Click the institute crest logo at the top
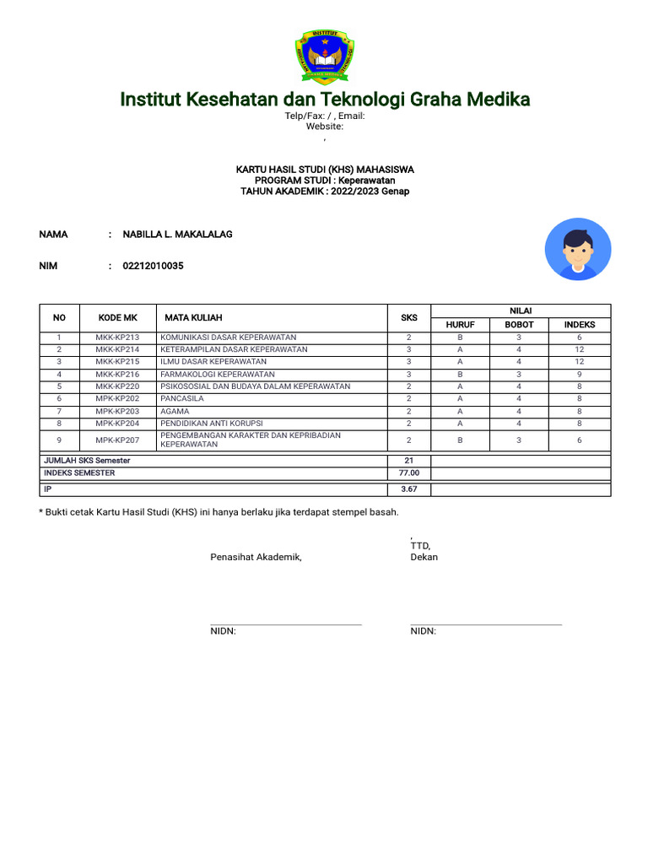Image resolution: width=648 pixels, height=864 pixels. [325, 57]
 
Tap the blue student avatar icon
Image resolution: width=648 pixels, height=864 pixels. [578, 249]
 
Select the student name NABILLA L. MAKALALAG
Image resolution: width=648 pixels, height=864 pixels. [177, 235]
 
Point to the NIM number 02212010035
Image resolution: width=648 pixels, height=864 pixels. [153, 266]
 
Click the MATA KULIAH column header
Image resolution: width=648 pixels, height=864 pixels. [193, 318]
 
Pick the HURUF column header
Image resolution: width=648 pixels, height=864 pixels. [460, 325]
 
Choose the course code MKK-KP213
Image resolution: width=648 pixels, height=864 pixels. [117, 337]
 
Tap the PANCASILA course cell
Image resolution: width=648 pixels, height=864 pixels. [180, 398]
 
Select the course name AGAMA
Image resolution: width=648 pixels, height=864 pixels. [175, 411]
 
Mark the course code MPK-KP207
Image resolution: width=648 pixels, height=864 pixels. [117, 440]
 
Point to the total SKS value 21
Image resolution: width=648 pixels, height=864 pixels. [409, 461]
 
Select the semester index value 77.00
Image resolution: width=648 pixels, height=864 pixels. [409, 473]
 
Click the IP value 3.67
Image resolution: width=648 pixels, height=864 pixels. [409, 489]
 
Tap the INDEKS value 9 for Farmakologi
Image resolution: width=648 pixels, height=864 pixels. [580, 374]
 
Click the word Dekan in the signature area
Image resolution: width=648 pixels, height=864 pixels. [424, 558]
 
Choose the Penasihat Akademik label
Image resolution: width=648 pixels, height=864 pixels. [256, 558]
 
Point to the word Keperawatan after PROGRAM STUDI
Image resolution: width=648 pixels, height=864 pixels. [368, 181]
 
